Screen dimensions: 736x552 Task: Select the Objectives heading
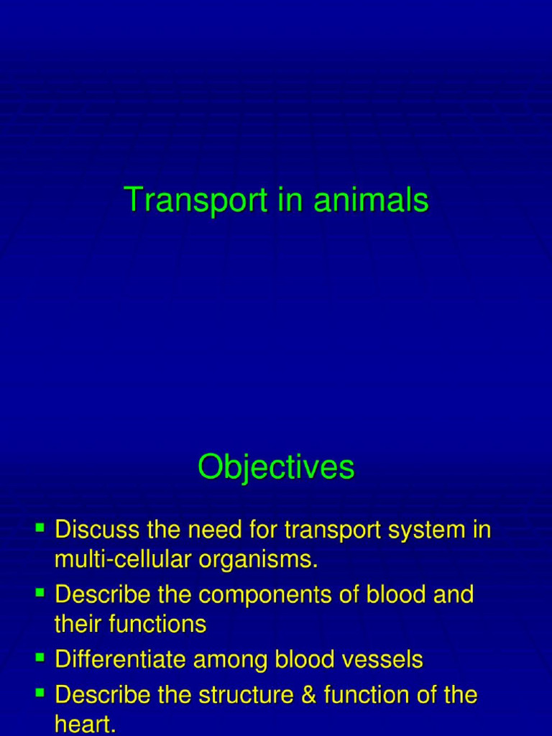coord(276,468)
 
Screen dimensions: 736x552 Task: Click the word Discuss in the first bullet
coord(98,530)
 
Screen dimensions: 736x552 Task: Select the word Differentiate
coord(119,660)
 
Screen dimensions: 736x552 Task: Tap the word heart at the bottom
coord(84,724)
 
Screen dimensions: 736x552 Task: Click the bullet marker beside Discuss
coord(40,530)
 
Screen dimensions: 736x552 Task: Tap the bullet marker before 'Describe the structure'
coord(40,694)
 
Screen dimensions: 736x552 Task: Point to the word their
coord(79,624)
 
